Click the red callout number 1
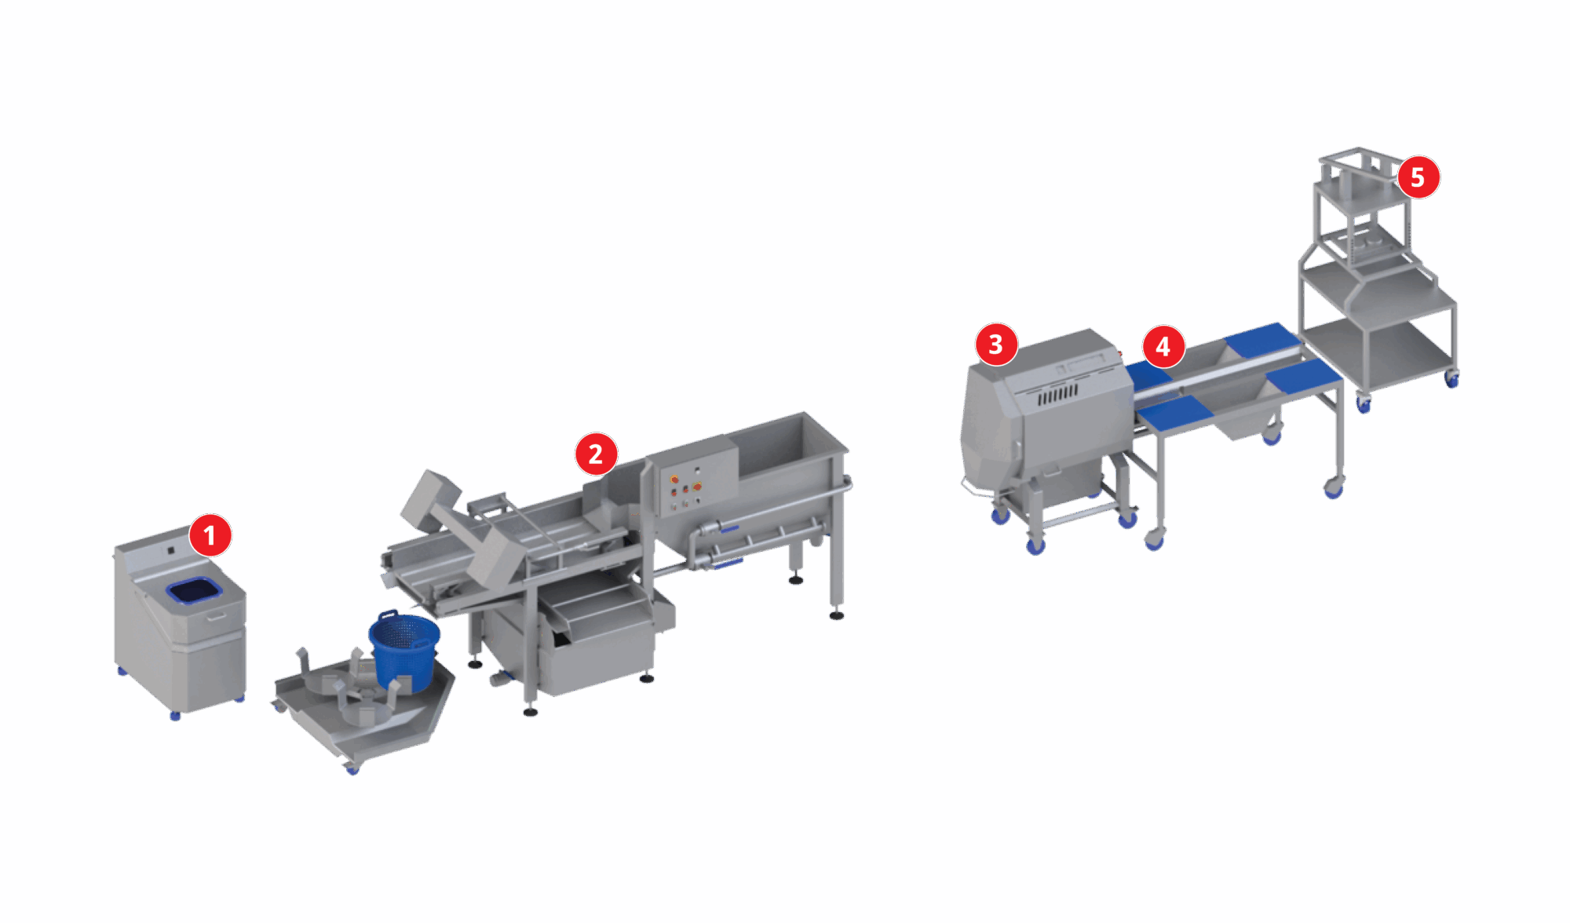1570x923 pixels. (210, 535)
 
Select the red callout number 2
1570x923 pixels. (596, 454)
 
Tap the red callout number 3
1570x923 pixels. (996, 344)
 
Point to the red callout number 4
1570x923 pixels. (1163, 346)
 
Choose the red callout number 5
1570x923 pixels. (1418, 177)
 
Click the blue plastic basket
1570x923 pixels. (403, 651)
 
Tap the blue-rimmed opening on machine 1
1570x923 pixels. (193, 590)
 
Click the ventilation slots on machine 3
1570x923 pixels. (1059, 394)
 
